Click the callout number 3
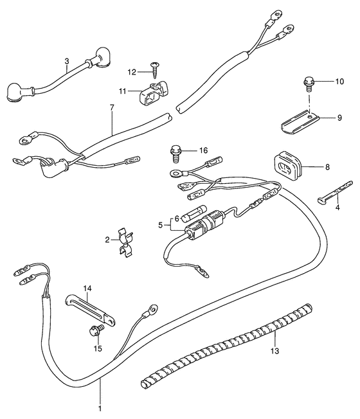pos(67,61)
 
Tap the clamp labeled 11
pos(154,93)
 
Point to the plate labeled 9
pos(300,121)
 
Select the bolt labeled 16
pos(175,154)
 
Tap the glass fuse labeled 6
pos(194,213)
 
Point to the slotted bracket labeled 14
pos(90,310)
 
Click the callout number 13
pos(274,351)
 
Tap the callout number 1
pos(100,409)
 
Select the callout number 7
pos(112,108)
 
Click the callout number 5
pos(160,225)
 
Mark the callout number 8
pos(327,167)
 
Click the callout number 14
pos(87,289)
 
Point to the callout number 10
pos(339,82)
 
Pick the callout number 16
pos(203,150)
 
